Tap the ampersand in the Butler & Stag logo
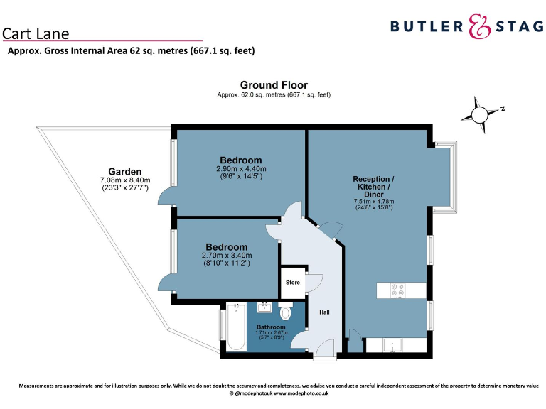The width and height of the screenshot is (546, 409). [481, 27]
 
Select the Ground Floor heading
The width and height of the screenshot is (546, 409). [274, 85]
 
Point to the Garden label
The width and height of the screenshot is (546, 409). [125, 171]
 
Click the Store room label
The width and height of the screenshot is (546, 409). [293, 283]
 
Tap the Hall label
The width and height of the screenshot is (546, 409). [324, 312]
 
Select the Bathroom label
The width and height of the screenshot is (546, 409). [270, 327]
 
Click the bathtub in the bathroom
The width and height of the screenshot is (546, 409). [236, 327]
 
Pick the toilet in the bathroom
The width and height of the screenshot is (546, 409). [286, 312]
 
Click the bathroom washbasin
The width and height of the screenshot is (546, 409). [264, 307]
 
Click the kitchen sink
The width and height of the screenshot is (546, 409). [393, 346]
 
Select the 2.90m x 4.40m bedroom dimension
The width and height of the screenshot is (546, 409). [241, 169]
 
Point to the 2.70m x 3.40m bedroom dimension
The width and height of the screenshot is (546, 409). [227, 256]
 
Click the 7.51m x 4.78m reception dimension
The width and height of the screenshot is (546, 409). [373, 202]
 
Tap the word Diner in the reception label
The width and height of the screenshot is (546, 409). [373, 194]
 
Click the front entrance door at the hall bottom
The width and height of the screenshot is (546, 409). [324, 348]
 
